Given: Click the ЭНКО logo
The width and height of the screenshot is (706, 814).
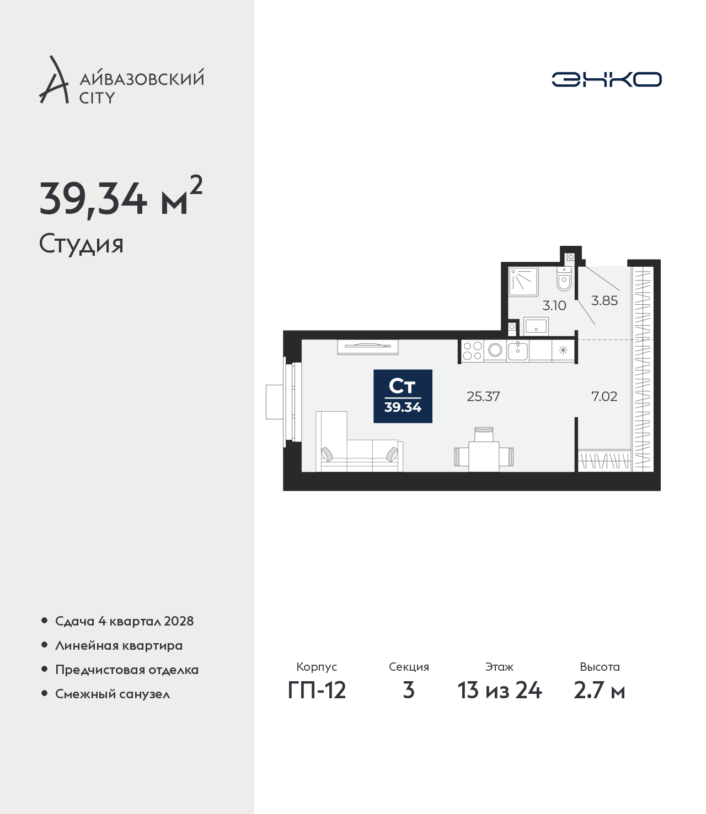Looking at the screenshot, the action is (x=606, y=79).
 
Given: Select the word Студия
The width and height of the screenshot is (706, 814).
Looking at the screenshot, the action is (x=82, y=244).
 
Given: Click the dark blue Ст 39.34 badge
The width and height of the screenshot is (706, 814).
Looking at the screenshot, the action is (x=403, y=396).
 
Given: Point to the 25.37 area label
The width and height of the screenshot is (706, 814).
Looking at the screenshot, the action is (x=483, y=396).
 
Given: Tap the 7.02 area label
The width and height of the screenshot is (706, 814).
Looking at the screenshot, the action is (x=605, y=396).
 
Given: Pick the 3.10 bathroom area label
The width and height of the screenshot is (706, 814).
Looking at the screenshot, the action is (x=554, y=305).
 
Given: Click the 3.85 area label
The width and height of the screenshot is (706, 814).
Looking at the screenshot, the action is (x=605, y=300).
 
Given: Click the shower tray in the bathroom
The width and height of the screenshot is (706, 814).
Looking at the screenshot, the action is (x=523, y=282).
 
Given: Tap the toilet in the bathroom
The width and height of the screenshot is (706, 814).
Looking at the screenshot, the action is (x=564, y=278).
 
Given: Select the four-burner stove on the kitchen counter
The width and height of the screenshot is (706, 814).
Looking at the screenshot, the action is (x=472, y=351).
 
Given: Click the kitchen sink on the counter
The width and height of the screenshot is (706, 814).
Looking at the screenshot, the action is (x=517, y=351).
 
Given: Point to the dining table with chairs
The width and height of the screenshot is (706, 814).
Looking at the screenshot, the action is (x=484, y=450).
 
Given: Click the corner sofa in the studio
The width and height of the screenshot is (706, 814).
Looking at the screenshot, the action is (x=359, y=442).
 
